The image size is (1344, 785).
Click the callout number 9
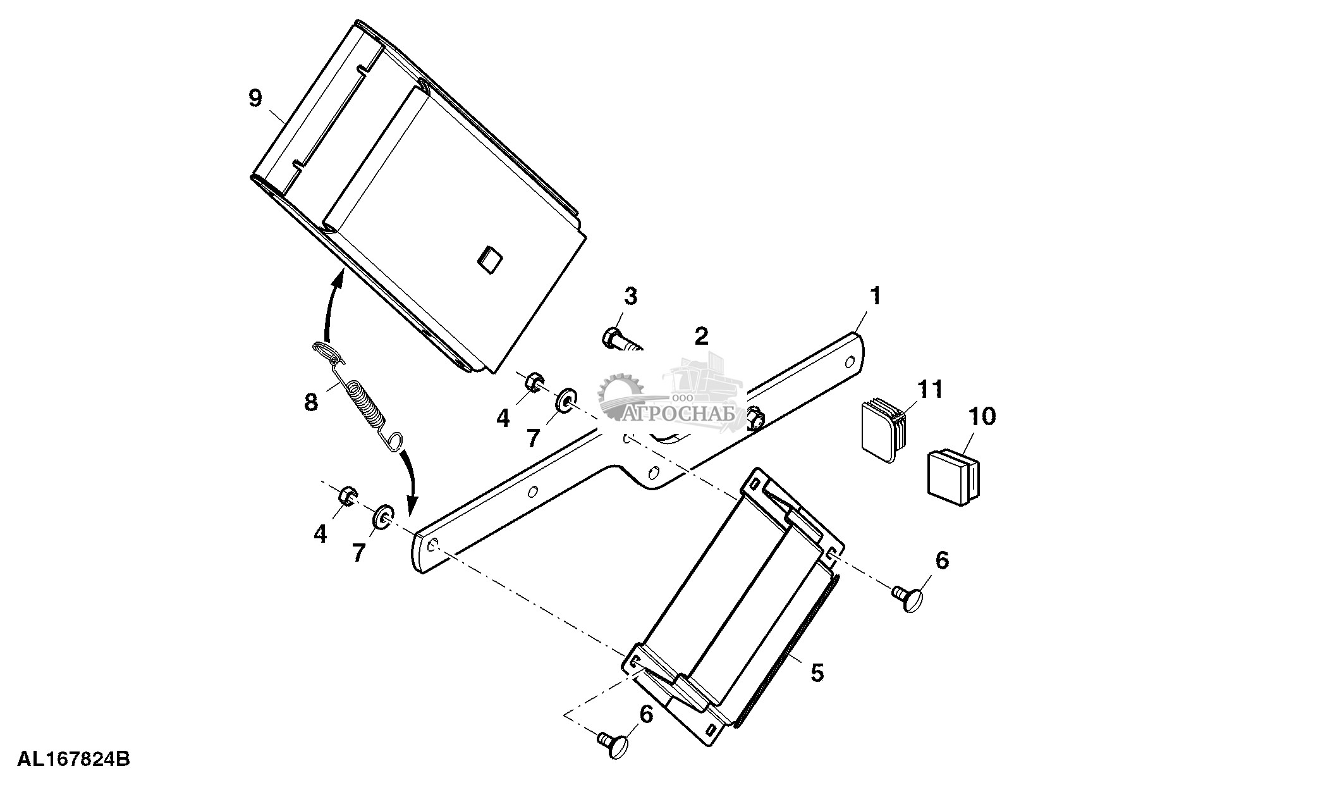[x=255, y=99]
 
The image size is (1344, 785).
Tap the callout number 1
[x=875, y=296]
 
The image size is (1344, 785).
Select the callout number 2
[x=702, y=336]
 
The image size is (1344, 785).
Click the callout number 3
[x=631, y=296]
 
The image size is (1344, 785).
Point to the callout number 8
[x=310, y=402]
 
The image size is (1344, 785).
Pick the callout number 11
[x=930, y=389]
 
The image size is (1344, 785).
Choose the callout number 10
[x=982, y=416]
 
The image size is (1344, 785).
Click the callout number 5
[x=817, y=673]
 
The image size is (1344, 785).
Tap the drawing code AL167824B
[x=73, y=758]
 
